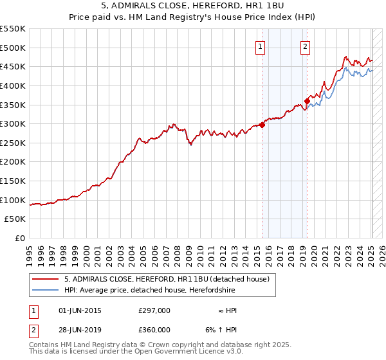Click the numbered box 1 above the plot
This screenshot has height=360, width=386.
click(260, 46)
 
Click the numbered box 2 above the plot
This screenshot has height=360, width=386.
click(304, 46)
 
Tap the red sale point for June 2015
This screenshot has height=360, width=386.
click(262, 125)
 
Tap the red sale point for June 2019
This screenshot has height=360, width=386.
click(308, 101)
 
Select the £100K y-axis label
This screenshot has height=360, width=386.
click(14, 200)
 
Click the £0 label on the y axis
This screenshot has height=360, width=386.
click(19, 239)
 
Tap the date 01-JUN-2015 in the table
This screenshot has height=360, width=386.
click(80, 310)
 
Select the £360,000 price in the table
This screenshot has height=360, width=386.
click(154, 330)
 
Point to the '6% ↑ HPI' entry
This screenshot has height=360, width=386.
click(218, 330)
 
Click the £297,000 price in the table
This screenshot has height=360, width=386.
click(154, 310)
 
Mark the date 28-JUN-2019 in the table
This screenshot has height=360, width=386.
click(80, 330)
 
